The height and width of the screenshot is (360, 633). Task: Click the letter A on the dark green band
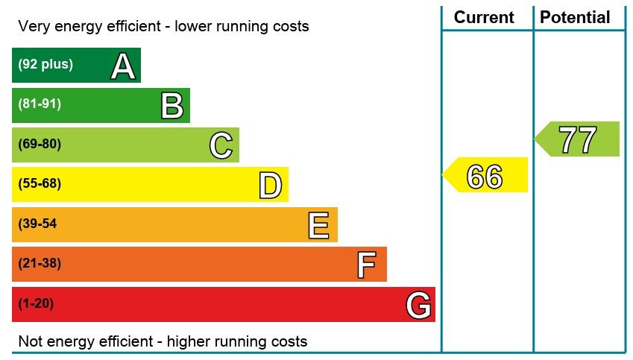(x=123, y=67)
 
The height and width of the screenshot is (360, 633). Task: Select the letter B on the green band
(x=172, y=107)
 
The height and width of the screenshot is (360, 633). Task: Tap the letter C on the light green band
(x=221, y=146)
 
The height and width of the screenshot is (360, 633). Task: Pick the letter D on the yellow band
(x=271, y=186)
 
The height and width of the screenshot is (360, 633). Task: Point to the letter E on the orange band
(x=319, y=226)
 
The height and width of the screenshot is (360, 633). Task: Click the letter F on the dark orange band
(x=366, y=265)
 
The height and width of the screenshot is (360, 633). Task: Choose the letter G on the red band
(x=418, y=306)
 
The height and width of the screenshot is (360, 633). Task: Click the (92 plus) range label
(x=45, y=64)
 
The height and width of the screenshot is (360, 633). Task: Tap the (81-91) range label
(x=40, y=104)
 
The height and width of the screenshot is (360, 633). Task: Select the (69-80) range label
(x=40, y=144)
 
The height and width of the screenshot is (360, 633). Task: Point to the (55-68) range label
(x=40, y=183)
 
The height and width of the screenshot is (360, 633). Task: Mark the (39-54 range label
(x=37, y=224)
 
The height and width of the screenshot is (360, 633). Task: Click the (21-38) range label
(x=40, y=263)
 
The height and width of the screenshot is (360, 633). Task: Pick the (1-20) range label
(x=36, y=303)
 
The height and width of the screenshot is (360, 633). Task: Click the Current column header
(x=484, y=17)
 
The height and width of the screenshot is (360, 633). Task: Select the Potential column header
(x=575, y=17)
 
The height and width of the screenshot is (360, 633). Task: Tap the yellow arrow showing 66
(x=485, y=177)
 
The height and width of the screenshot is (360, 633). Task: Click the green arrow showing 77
(x=578, y=139)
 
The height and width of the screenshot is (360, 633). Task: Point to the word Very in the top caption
(x=34, y=27)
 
